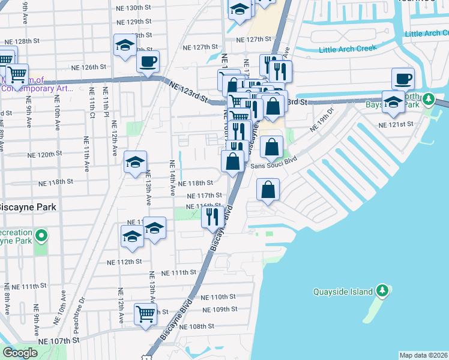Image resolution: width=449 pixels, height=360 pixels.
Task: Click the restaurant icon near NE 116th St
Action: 212,216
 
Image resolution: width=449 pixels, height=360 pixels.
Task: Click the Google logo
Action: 20,353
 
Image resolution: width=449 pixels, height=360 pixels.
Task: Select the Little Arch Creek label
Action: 348,49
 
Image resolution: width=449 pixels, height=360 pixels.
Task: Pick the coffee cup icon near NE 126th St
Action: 148,61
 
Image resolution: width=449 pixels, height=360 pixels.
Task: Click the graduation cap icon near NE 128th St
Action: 125,46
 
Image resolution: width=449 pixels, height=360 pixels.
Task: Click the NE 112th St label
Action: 124,262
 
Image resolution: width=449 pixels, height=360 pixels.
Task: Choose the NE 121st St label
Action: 396,124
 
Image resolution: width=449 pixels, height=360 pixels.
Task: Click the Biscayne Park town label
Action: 28,207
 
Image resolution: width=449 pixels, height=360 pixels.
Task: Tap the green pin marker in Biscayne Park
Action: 41,236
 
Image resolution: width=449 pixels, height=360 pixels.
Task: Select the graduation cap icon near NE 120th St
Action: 135,162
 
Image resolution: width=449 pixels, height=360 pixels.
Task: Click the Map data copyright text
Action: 423,355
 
